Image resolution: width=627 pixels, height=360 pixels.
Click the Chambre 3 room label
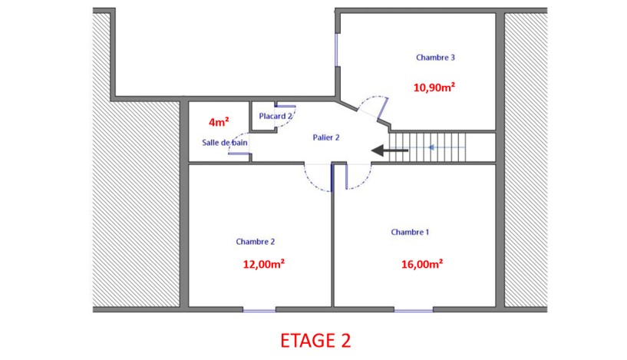435,58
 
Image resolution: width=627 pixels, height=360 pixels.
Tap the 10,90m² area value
434,88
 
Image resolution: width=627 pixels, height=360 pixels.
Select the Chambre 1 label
410,232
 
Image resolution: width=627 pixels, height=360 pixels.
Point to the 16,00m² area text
422,264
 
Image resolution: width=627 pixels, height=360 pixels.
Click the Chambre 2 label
255,242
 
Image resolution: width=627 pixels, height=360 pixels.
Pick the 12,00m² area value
264,264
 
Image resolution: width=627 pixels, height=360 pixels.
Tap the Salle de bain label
224,143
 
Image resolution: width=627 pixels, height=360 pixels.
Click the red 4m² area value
219,122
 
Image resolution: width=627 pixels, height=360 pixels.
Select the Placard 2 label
276,116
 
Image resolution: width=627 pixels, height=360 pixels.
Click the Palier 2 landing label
326,137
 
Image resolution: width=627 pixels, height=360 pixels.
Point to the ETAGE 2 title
315,340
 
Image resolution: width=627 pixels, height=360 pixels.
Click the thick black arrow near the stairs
389,150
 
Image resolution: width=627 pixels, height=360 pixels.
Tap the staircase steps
427,147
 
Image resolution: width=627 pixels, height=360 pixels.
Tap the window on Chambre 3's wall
336,50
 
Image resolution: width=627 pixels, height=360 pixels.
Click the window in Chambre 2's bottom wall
259,309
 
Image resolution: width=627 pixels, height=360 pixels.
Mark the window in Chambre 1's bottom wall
414,309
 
